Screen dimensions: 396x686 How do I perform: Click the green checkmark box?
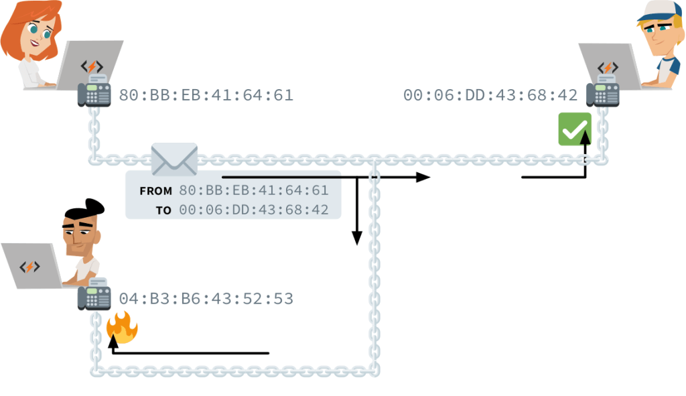tap(574, 129)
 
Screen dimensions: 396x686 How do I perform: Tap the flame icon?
tap(122, 328)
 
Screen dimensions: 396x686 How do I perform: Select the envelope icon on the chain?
tap(174, 159)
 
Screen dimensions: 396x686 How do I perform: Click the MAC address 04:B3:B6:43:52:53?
tap(206, 299)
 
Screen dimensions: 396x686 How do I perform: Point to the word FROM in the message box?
tap(155, 191)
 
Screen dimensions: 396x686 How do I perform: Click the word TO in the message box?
tap(163, 210)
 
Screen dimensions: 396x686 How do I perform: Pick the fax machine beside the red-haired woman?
tap(94, 92)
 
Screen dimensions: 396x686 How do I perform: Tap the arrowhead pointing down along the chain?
tap(357, 237)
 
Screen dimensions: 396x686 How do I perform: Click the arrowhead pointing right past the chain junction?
tap(423, 177)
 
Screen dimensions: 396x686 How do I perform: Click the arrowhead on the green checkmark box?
tap(586, 139)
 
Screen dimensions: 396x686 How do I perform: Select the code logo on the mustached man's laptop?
tap(29, 267)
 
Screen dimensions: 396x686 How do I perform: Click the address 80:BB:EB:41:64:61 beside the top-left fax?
tap(206, 95)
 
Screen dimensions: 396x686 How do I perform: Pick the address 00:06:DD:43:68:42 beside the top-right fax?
tap(490, 95)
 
